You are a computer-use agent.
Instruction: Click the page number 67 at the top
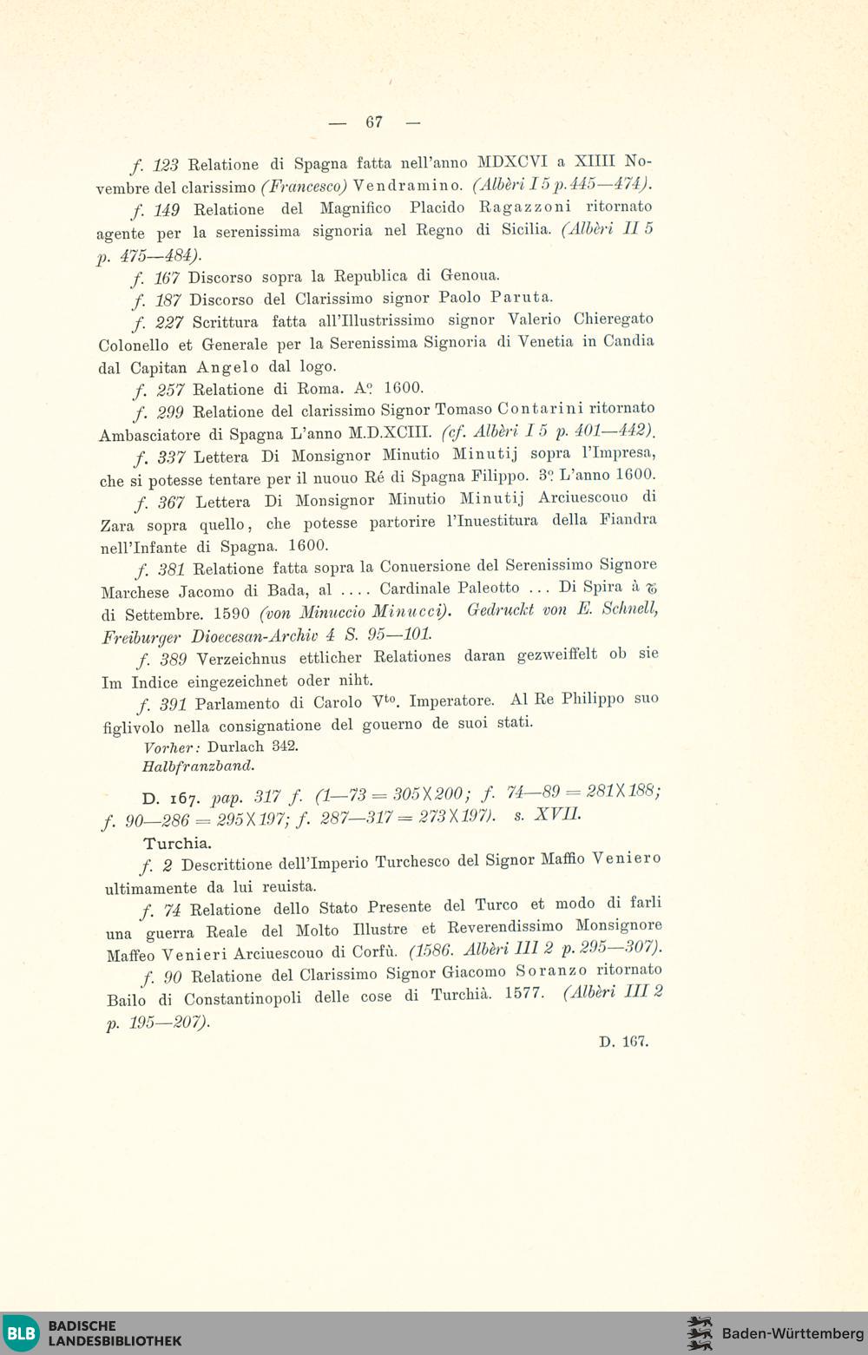(x=374, y=122)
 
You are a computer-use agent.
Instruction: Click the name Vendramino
(x=407, y=185)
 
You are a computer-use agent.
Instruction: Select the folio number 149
(x=167, y=209)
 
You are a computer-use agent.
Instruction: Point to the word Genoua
(x=470, y=275)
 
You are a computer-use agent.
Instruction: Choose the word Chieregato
(x=614, y=319)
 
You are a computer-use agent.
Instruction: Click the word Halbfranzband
(x=198, y=766)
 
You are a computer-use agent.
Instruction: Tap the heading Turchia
(x=178, y=843)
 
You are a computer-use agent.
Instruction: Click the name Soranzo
(x=550, y=970)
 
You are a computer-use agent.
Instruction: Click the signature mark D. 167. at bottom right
(x=623, y=1041)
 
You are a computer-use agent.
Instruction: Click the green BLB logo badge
(x=21, y=1332)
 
